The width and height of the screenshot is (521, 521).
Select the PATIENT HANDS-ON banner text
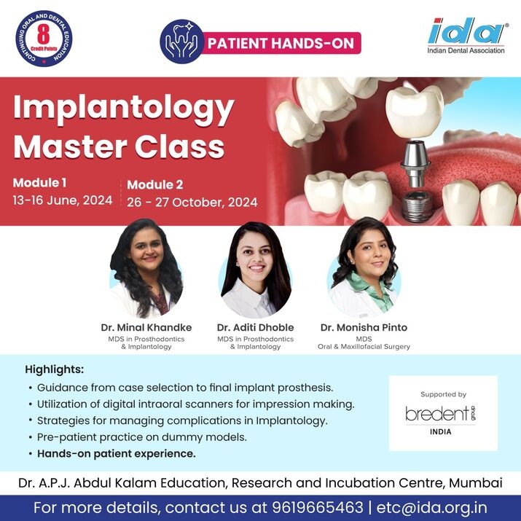click(x=281, y=43)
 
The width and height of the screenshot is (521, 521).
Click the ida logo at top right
click(x=466, y=33)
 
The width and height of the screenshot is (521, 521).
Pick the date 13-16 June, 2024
click(x=62, y=200)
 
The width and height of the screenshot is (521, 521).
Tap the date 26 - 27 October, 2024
click(x=192, y=202)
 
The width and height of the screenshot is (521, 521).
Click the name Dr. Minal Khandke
click(x=146, y=327)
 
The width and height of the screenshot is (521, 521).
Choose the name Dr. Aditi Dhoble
click(x=255, y=327)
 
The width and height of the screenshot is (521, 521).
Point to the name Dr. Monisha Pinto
click(x=364, y=327)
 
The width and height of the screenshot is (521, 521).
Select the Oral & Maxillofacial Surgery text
click(x=364, y=346)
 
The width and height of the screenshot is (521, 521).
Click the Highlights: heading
click(x=55, y=369)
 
